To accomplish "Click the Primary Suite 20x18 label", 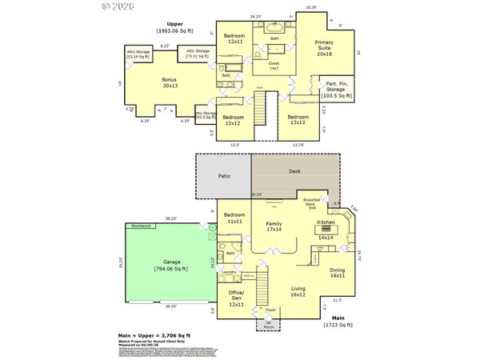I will pyautogui.click(x=324, y=48).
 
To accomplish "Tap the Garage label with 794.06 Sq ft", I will pyautogui.click(x=172, y=266).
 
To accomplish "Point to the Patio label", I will pyautogui.click(x=224, y=175).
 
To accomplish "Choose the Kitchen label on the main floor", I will pyautogui.click(x=326, y=222).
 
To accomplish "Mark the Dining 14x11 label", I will pyautogui.click(x=338, y=273).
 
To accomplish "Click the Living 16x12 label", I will pyautogui.click(x=298, y=292).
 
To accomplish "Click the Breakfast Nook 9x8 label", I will pyautogui.click(x=311, y=203).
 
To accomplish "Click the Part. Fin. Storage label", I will pyautogui.click(x=337, y=89).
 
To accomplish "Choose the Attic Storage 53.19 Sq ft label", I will pyautogui.click(x=138, y=56).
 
